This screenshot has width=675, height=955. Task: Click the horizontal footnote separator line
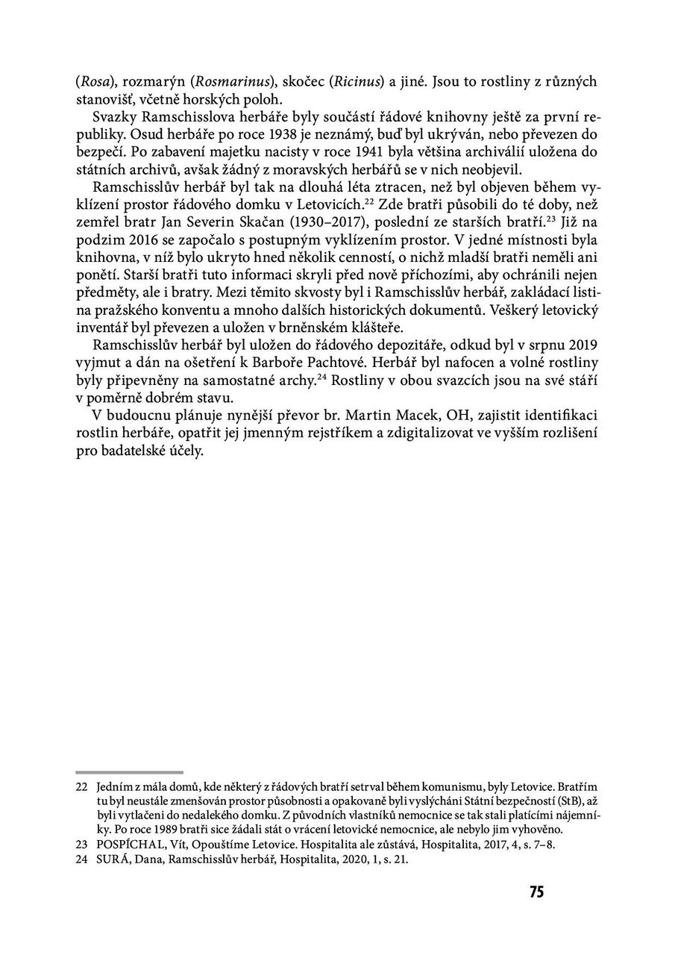pyautogui.click(x=129, y=772)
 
